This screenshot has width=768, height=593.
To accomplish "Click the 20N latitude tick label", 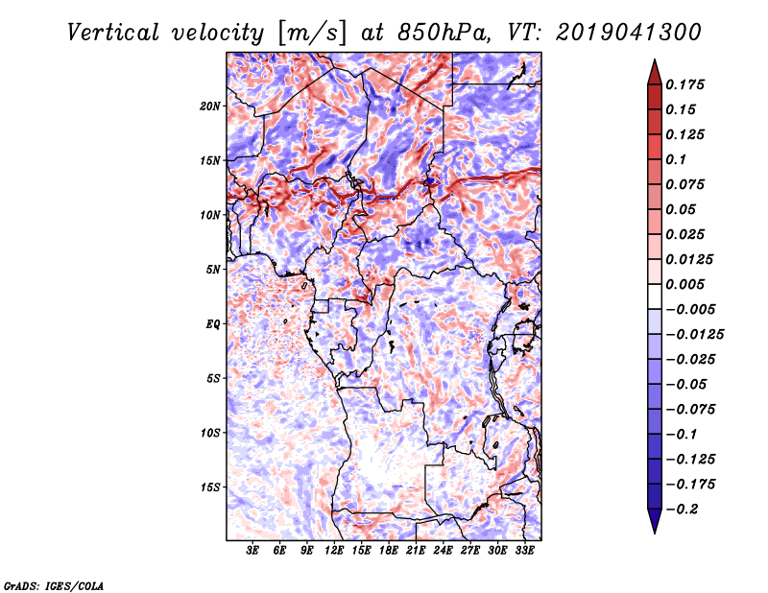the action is (x=209, y=107).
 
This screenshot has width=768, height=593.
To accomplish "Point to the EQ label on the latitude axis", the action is (x=213, y=324).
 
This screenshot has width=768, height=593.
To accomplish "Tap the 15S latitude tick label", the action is (x=210, y=487).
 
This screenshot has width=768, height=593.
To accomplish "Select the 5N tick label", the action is (x=213, y=270).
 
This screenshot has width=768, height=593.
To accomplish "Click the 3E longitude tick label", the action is (x=252, y=551).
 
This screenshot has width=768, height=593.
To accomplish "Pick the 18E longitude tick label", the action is (x=388, y=551).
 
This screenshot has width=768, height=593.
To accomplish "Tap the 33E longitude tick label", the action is (x=524, y=551).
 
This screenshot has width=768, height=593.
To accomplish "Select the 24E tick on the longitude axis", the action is (x=443, y=551).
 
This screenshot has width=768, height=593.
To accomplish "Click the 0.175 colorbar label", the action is (x=684, y=84).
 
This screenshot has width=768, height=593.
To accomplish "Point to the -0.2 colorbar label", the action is (x=682, y=510).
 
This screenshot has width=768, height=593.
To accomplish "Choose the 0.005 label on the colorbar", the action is (x=684, y=284).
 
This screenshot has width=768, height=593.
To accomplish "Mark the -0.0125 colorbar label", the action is (x=694, y=335).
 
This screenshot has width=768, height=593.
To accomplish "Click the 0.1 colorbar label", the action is (x=676, y=159).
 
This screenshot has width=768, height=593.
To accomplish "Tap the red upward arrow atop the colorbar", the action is (x=655, y=73).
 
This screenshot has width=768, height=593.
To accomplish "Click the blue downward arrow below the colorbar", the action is (x=655, y=521).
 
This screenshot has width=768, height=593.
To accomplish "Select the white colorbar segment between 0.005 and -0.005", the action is (x=655, y=296).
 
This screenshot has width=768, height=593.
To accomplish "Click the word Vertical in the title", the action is (x=113, y=33).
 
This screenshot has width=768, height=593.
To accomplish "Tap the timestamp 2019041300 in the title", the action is (x=629, y=33).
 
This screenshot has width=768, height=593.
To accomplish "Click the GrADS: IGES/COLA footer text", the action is (x=54, y=586).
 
